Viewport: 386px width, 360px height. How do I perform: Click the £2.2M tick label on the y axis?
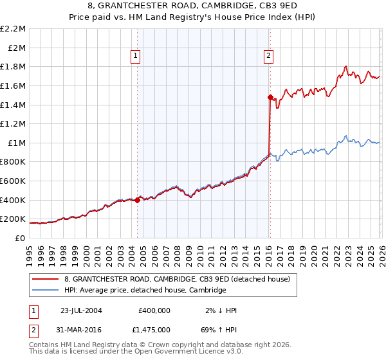[x=13, y=29]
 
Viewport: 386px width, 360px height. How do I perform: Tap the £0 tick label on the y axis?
[x=19, y=238]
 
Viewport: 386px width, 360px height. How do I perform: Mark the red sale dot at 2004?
[x=138, y=200]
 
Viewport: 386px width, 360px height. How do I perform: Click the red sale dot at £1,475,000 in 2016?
[x=270, y=97]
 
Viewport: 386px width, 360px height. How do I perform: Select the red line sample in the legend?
[x=46, y=280]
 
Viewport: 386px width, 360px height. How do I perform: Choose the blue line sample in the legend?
[x=46, y=291]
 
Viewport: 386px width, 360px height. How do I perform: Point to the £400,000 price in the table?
[x=154, y=310]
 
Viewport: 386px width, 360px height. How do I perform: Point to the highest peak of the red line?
[x=346, y=66]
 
